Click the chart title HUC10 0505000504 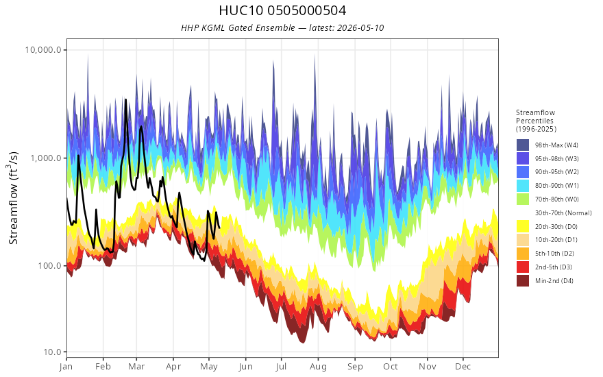pos(282,10)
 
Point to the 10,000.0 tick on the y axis pos(43,50)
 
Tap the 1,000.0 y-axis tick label pos(45,158)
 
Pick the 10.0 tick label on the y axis pos(51,352)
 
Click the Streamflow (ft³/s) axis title pos(13,197)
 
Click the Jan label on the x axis pos(66,367)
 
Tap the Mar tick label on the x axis pos(136,367)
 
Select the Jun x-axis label pos(245,367)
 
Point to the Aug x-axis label pos(318,367)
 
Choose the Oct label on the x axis pos(391,367)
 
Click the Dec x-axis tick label pos(463,367)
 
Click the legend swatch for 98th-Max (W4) pos(523,145)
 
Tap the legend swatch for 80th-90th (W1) pos(523,186)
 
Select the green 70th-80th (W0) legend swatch pos(523,199)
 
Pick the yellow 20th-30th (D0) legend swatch pos(523,227)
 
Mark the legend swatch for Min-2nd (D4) pos(523,281)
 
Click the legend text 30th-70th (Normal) pos(563,213)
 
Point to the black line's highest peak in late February pos(125,99)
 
